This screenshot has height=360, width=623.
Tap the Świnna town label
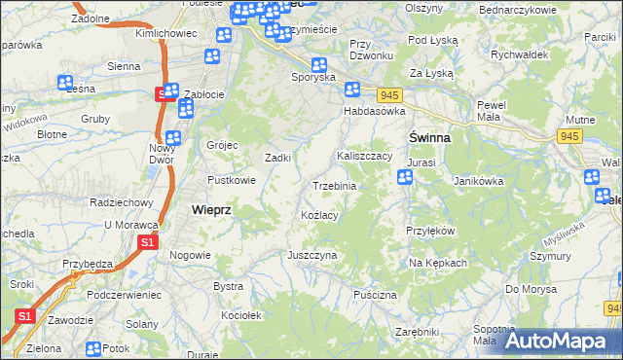click(x=428, y=138)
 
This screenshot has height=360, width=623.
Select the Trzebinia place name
click(x=334, y=186)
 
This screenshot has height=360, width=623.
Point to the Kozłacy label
click(x=319, y=215)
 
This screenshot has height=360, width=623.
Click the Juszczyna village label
click(x=311, y=255)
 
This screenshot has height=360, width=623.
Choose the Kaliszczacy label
click(x=364, y=156)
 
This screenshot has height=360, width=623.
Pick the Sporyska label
click(x=313, y=76)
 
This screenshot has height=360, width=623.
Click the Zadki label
click(x=279, y=158)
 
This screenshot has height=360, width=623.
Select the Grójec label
click(x=222, y=145)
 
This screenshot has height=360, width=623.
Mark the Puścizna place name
click(x=375, y=294)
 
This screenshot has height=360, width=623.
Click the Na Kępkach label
click(x=438, y=263)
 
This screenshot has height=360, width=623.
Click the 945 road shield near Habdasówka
click(x=389, y=94)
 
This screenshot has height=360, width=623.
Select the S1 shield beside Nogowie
click(x=148, y=242)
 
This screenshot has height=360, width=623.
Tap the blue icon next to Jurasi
click(x=405, y=177)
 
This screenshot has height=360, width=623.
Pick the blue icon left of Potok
click(x=93, y=349)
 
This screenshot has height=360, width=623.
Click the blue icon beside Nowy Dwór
click(x=173, y=138)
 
